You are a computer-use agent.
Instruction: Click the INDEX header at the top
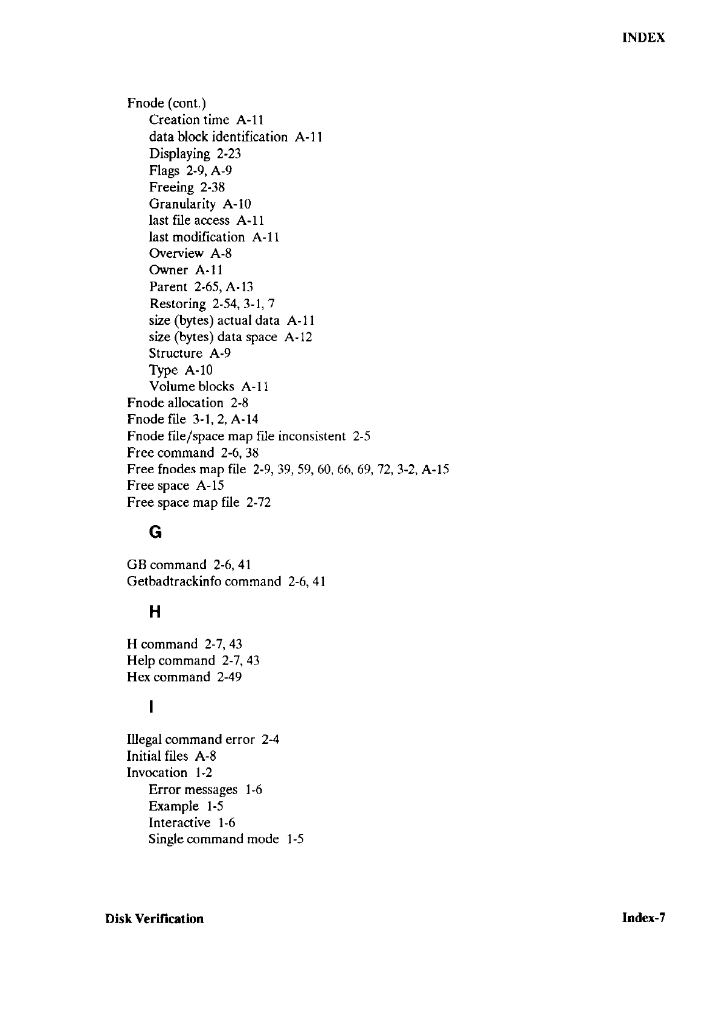643,37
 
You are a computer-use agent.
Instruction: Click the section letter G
155,532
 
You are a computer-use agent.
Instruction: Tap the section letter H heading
155,612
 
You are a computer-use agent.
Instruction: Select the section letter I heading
151,706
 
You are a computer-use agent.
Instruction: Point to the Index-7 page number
643,918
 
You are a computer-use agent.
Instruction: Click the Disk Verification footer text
154,919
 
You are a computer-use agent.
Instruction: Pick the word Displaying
179,154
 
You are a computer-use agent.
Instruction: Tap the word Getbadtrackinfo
173,581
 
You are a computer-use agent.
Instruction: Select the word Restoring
178,303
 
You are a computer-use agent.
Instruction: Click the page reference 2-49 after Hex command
230,677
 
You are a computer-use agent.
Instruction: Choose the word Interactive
179,822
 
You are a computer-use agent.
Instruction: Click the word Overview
176,254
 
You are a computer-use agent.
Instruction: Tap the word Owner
169,270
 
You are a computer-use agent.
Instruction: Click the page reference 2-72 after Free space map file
259,502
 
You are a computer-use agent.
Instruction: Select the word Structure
176,353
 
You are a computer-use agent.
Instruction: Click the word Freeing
172,188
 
